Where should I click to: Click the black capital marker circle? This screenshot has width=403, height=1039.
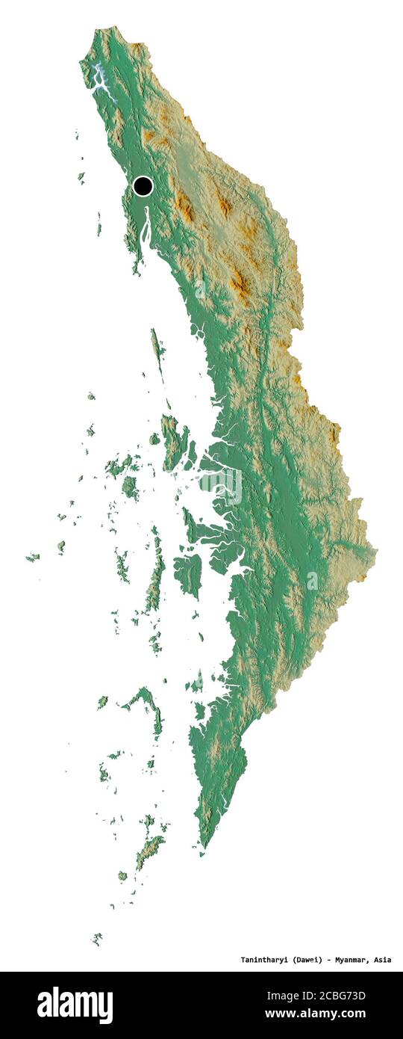(x=143, y=185)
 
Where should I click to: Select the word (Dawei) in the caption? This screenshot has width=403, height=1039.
(x=308, y=959)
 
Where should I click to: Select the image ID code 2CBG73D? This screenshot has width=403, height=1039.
(x=340, y=995)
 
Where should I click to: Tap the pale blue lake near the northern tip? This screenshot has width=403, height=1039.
(x=103, y=79)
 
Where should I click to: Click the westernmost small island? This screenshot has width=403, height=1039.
(x=31, y=557)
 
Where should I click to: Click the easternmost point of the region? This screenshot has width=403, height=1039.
(x=375, y=553)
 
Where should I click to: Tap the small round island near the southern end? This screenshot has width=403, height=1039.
(x=122, y=875)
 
